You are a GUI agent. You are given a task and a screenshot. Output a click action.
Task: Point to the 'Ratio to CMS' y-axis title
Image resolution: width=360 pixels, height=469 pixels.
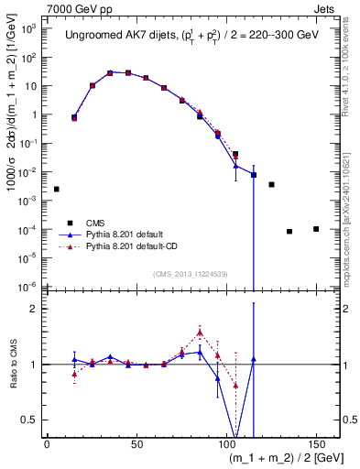pos(12,364)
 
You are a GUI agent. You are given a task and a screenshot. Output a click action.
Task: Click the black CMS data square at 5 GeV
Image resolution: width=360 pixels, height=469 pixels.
pos(57,189)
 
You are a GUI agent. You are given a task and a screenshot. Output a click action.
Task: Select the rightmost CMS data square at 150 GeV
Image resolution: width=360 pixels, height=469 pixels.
pos(316,228)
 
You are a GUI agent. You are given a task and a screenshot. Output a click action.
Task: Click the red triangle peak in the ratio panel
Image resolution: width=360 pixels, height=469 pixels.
pos(200,333)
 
